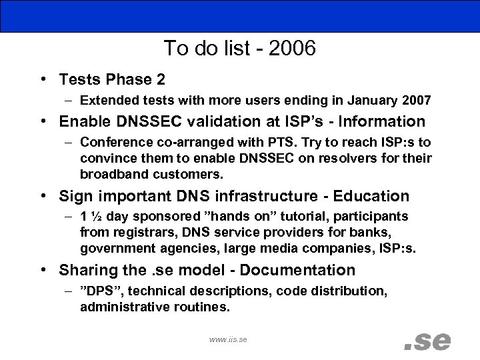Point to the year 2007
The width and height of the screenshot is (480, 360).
pos(415,101)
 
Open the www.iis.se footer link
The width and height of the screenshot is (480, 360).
pos(228,339)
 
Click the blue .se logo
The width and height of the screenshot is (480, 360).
pos(427,339)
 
